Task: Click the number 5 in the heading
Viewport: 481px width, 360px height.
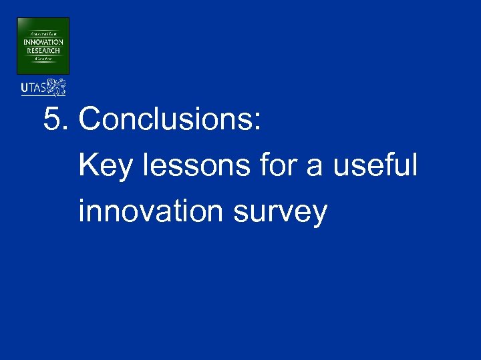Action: [x=52, y=120]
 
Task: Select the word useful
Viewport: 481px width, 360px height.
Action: [x=375, y=165]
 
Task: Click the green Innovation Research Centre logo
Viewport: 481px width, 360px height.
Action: [x=43, y=45]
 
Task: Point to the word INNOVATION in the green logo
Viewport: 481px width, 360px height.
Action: [x=43, y=42]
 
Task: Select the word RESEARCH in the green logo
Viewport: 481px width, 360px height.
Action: [x=43, y=50]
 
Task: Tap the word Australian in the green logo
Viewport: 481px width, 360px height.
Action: [x=43, y=33]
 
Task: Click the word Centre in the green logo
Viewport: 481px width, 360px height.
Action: [x=43, y=59]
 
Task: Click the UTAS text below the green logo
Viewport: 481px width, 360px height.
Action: [x=33, y=87]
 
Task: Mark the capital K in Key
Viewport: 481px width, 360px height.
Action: [x=88, y=165]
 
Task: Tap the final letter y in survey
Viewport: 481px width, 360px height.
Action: [x=319, y=215]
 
